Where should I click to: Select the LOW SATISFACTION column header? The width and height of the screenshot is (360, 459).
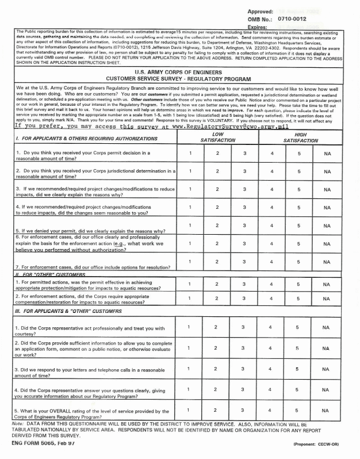pyautogui.click(x=217, y=136)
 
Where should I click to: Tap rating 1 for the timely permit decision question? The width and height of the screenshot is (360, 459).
pyautogui.click(x=190, y=154)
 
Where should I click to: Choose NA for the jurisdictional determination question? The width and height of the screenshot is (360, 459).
pyautogui.click(x=327, y=171)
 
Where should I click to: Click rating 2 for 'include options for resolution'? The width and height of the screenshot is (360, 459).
pyautogui.click(x=217, y=262)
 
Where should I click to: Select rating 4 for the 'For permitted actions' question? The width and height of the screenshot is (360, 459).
pyautogui.click(x=271, y=284)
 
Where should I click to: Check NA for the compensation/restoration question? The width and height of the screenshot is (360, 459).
pyautogui.click(x=327, y=298)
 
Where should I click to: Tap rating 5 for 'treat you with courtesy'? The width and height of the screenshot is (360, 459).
pyautogui.click(x=299, y=327)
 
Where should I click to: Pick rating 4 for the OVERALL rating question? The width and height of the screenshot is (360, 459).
pyautogui.click(x=271, y=410)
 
